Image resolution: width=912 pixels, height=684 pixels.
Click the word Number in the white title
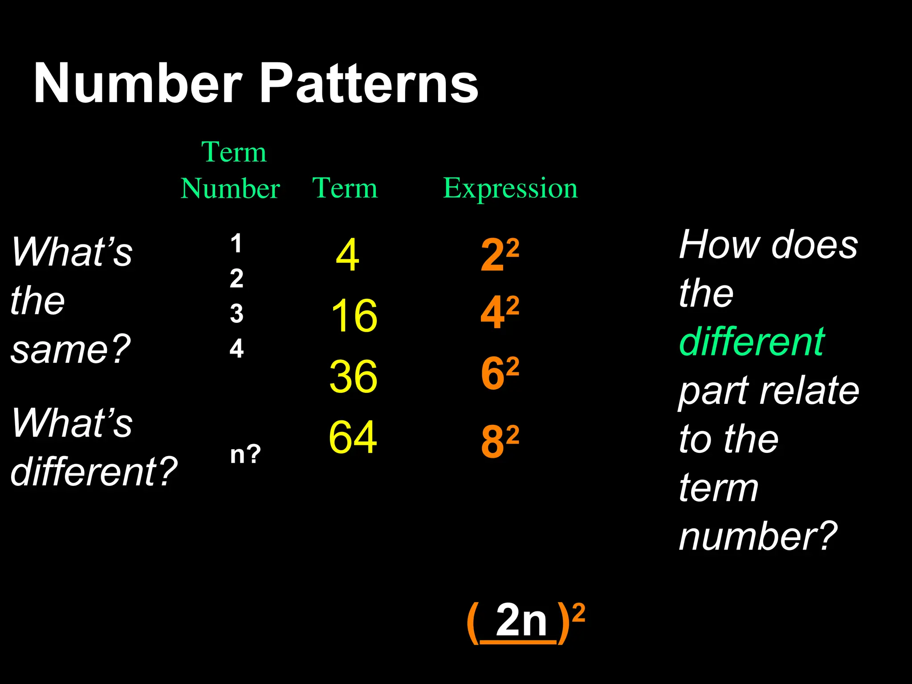coord(138,83)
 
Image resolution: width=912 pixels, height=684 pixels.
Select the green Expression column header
coord(510,188)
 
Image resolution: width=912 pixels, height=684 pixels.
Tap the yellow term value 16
coord(354,316)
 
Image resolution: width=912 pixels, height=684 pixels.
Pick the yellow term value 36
coord(354,377)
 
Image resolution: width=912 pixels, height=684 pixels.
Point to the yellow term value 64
coord(353,437)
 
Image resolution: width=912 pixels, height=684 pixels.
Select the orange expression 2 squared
coord(500,255)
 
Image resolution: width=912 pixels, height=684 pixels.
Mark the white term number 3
coord(236,313)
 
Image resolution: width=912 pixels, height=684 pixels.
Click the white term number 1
coord(236,244)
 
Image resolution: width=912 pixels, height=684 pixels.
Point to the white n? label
coord(245,455)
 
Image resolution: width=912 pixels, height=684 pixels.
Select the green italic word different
coord(752,342)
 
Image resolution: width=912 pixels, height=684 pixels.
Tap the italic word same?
coord(70,350)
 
